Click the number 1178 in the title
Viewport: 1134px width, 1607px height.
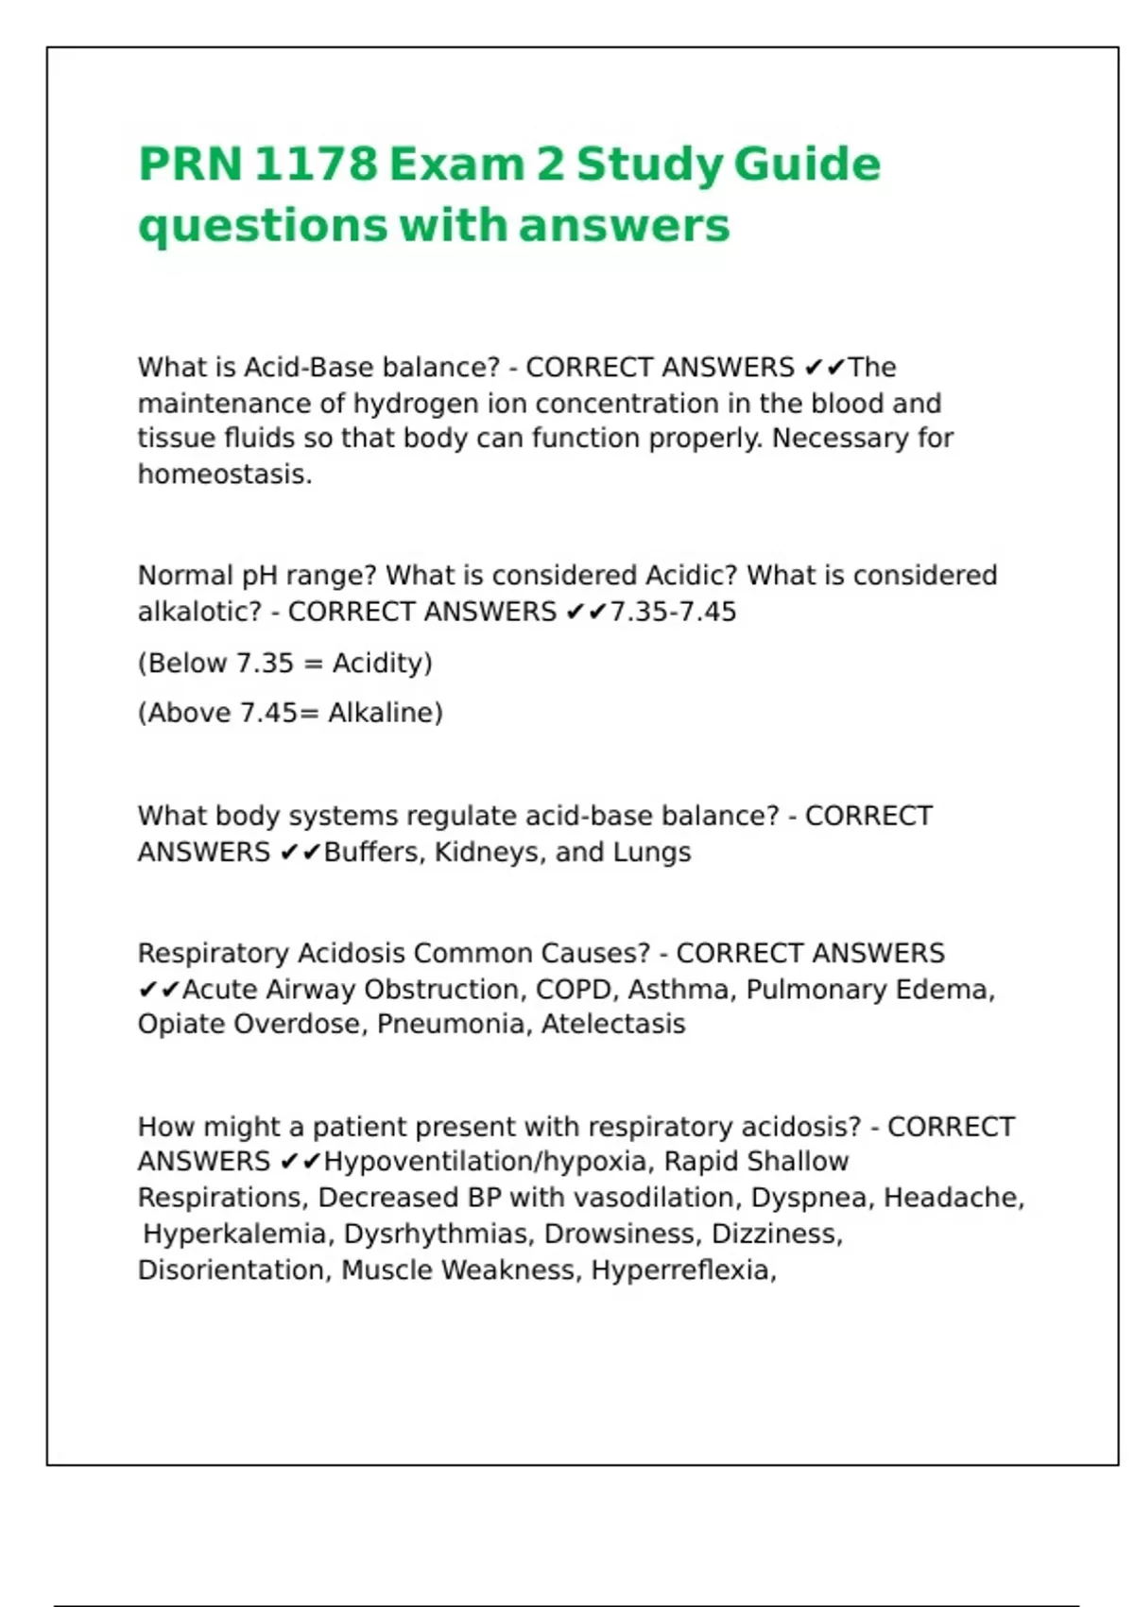click(x=315, y=164)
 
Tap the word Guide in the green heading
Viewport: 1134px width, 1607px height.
click(x=807, y=164)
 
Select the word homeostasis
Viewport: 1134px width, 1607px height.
click(x=223, y=475)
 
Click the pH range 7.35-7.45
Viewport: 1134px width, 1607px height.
click(x=673, y=613)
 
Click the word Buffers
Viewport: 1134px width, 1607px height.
click(x=374, y=853)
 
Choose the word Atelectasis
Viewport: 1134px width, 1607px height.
click(x=613, y=1025)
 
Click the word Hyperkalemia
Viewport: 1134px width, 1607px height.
click(x=234, y=1235)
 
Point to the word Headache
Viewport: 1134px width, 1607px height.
click(x=953, y=1199)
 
